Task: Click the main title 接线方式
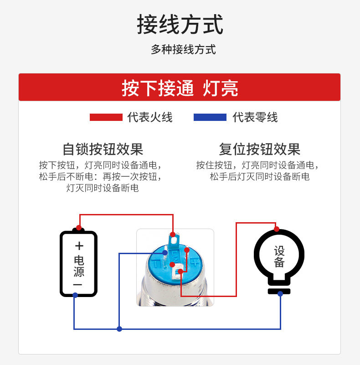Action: pyautogui.click(x=180, y=25)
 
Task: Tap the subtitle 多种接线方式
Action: pyautogui.click(x=183, y=50)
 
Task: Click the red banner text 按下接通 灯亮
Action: pyautogui.click(x=180, y=88)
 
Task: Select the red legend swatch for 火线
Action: pyautogui.click(x=106, y=117)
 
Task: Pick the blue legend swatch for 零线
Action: pyautogui.click(x=210, y=117)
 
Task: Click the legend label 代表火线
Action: pyautogui.click(x=150, y=117)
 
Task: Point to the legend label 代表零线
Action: pyautogui.click(x=255, y=117)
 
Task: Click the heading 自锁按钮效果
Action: pyautogui.click(x=103, y=149)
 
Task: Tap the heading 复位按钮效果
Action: pyautogui.click(x=259, y=149)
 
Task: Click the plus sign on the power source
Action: pyautogui.click(x=79, y=246)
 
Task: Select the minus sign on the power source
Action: pyautogui.click(x=78, y=284)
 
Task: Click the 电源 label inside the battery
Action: pyautogui.click(x=79, y=266)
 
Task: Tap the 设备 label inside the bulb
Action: pyautogui.click(x=279, y=257)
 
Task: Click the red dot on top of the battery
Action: pyautogui.click(x=79, y=227)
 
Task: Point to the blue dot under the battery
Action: pyautogui.click(x=75, y=295)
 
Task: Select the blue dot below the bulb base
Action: pyautogui.click(x=280, y=294)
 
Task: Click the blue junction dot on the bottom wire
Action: pyautogui.click(x=119, y=328)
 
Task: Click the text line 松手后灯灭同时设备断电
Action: pyautogui.click(x=259, y=177)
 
